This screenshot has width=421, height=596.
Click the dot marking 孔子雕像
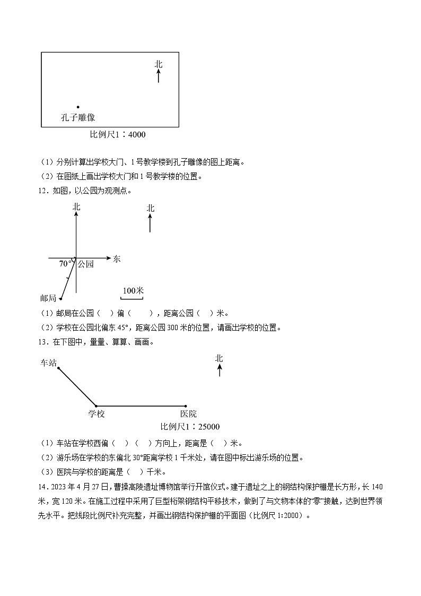78,107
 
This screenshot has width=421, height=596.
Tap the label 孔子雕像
78,117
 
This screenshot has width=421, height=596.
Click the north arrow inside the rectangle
159,75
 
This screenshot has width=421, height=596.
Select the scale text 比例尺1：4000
118,135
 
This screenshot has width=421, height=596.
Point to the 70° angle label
65,264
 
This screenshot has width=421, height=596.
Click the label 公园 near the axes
85,264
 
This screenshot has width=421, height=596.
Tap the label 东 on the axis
117,259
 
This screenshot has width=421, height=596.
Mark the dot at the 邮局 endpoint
60,299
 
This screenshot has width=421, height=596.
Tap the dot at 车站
58,367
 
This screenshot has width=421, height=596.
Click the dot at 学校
96,406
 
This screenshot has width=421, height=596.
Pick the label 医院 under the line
188,414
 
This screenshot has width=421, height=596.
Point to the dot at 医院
186,406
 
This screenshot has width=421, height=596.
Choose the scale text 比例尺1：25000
190,427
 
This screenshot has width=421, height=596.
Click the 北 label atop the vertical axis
76,208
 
